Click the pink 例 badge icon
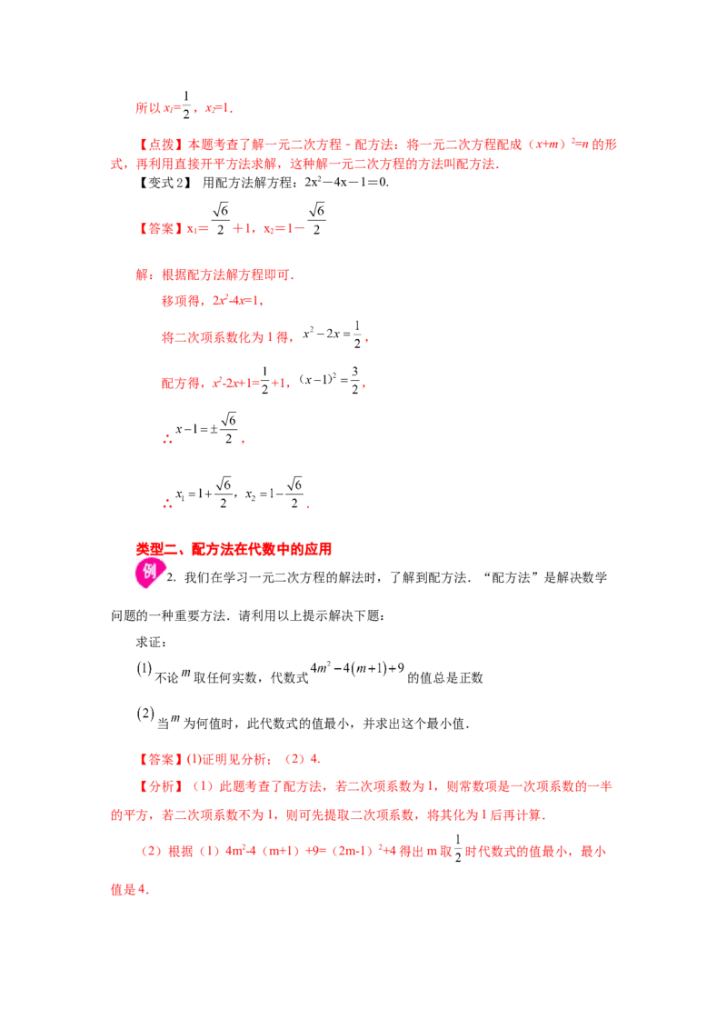click(x=149, y=573)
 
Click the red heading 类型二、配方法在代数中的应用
click(x=234, y=549)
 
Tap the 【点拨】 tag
click(x=162, y=145)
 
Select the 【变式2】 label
click(x=164, y=183)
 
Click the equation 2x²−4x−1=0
click(x=346, y=182)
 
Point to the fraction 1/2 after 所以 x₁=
click(x=186, y=105)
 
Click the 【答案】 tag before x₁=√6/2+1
click(x=162, y=228)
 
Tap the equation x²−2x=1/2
click(x=332, y=335)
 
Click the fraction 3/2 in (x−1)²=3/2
click(x=355, y=380)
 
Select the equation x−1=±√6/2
click(x=206, y=428)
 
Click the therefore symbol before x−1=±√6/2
click(x=167, y=439)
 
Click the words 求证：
click(x=152, y=643)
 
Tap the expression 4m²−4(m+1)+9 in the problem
click(x=357, y=669)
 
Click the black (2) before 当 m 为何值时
click(x=145, y=714)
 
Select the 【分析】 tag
click(x=162, y=786)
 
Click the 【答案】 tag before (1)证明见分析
click(x=162, y=759)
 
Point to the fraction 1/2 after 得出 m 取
click(x=458, y=848)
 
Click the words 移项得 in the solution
click(x=181, y=301)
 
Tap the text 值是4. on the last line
click(x=130, y=890)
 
